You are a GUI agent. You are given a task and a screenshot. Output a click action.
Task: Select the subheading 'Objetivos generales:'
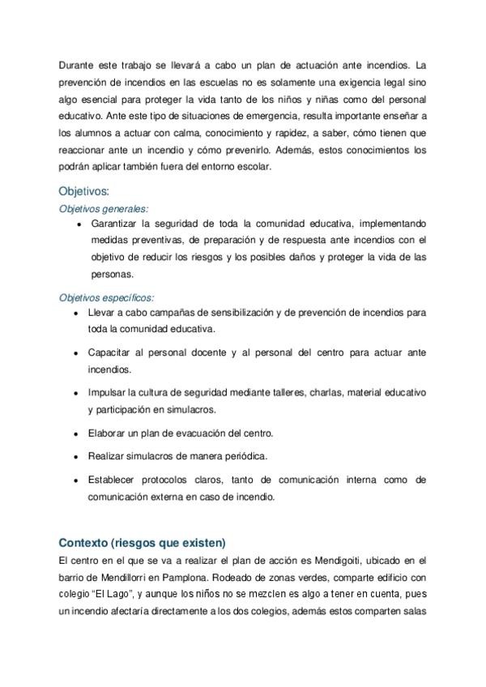point(104,208)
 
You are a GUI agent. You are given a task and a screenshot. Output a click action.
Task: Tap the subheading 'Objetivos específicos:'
point(106,297)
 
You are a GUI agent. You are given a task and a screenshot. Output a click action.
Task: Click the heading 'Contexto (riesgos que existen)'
point(142,542)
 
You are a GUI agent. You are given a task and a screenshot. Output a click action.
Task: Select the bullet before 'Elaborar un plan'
point(75,433)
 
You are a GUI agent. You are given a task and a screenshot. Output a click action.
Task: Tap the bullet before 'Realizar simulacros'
point(75,457)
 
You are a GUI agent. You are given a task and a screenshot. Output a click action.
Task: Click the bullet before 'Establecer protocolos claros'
point(75,481)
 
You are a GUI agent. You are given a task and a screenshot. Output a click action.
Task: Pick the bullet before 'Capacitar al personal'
point(75,354)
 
